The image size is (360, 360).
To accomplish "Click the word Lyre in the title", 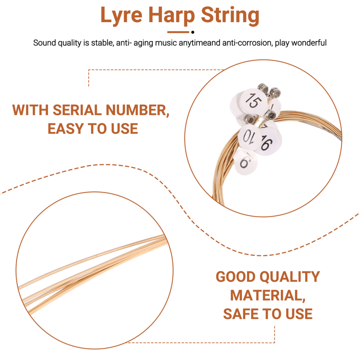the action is [122, 16].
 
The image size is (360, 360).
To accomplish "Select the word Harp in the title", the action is [172, 16].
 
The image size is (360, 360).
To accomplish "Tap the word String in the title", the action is [230, 16].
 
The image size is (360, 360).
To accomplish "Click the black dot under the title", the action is [193, 32].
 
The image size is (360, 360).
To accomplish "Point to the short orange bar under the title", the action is [178, 32].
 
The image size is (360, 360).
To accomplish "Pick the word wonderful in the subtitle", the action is [309, 43].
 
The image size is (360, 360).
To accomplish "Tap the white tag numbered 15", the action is [254, 101].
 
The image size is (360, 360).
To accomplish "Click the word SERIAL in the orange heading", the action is [77, 110].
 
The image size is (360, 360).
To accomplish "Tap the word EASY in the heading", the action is [65, 129].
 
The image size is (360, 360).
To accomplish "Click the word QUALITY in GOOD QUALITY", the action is [290, 277].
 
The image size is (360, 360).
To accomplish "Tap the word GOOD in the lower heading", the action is [236, 277].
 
